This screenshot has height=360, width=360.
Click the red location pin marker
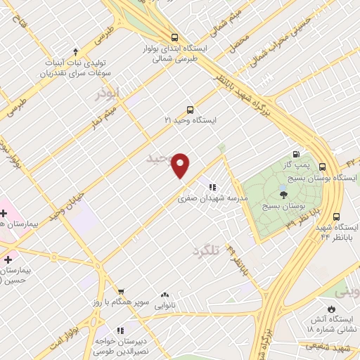point(181,165)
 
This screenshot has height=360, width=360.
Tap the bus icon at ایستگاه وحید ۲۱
point(190,110)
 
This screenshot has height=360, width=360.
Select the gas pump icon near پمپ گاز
point(296,155)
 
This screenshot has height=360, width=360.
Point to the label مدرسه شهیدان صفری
point(213,199)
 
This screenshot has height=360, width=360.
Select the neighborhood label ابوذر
point(110,92)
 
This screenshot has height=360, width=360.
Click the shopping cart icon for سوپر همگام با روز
point(121,291)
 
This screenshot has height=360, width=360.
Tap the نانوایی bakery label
point(165,306)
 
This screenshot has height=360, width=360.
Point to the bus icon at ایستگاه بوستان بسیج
point(322,167)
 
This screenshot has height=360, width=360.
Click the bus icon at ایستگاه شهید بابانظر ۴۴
point(336,217)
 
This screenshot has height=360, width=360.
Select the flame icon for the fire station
point(331,309)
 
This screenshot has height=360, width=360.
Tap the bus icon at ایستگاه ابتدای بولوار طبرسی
point(174,38)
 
